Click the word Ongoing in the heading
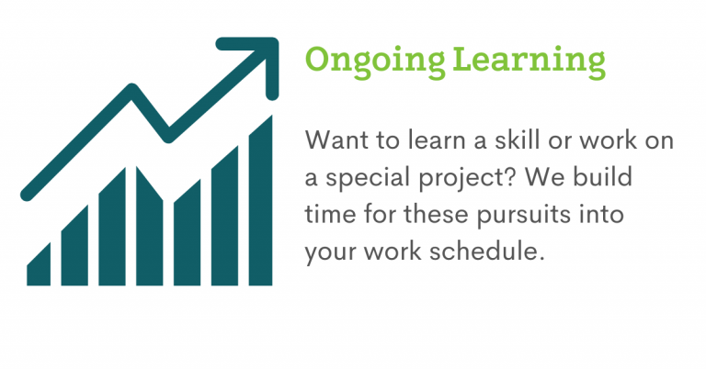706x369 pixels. [x=375, y=61]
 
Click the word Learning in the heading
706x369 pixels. [x=529, y=61]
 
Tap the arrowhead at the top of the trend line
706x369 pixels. [x=256, y=59]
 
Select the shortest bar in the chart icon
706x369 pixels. [x=39, y=264]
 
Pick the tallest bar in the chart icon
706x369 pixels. [x=261, y=201]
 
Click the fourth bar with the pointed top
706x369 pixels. [x=150, y=226]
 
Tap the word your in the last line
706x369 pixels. [x=331, y=252]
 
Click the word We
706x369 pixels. [x=545, y=176]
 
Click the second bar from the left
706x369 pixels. [x=74, y=245]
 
